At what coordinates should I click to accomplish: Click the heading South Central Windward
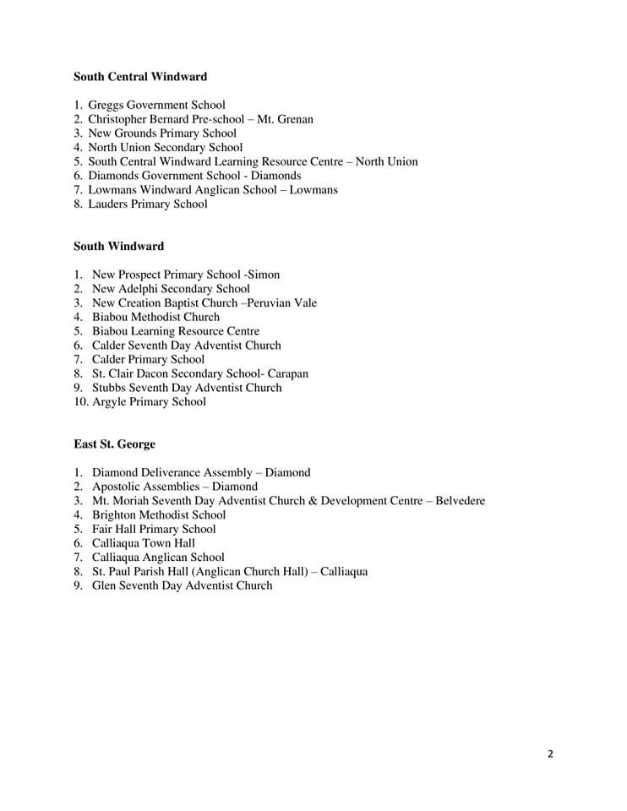[x=140, y=77]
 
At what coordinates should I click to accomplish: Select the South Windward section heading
[x=118, y=246]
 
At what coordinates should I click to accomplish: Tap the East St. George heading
[x=114, y=444]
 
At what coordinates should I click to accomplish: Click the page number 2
[x=550, y=754]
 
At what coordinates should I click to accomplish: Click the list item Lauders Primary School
[x=147, y=204]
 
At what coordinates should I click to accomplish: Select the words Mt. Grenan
[x=285, y=119]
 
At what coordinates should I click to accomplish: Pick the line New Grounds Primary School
[x=162, y=133]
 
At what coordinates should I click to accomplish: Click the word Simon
[x=264, y=275]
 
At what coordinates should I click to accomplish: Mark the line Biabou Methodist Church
[x=155, y=317]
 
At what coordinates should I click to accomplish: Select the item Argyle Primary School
[x=149, y=401]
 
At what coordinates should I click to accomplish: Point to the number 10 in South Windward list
[x=80, y=401]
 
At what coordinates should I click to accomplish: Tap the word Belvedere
[x=460, y=500]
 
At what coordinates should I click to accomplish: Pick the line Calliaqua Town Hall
[x=144, y=542]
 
